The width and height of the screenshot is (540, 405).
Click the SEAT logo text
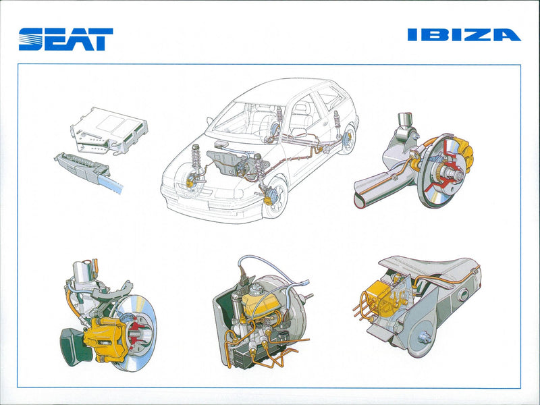click(65, 39)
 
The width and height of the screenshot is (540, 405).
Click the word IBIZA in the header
click(464, 35)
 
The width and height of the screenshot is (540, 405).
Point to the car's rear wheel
click(347, 139)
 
